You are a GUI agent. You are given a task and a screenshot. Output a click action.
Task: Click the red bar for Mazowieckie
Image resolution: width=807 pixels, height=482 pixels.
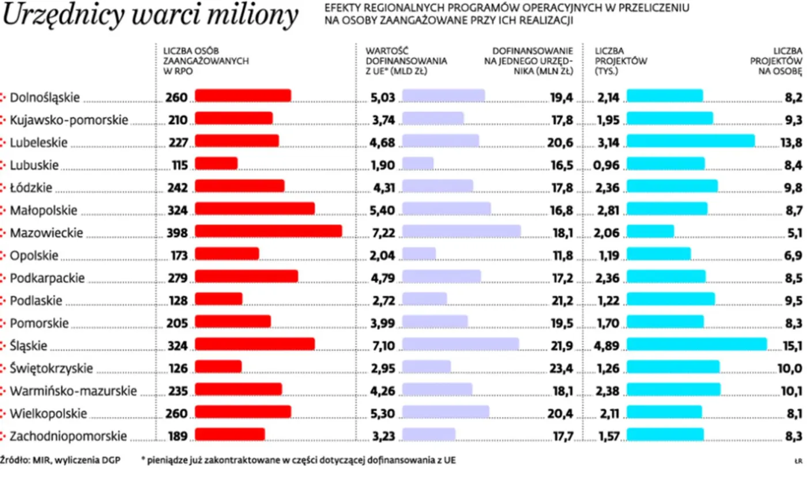click(268, 231)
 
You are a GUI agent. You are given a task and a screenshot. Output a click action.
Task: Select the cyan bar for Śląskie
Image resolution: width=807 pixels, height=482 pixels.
click(696, 344)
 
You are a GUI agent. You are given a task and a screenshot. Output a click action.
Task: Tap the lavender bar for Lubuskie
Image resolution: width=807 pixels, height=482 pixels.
click(418, 164)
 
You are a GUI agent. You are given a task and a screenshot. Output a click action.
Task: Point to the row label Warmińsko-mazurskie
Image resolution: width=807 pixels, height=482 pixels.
click(73, 391)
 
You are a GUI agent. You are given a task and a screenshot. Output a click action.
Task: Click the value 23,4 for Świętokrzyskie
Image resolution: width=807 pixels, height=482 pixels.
click(561, 368)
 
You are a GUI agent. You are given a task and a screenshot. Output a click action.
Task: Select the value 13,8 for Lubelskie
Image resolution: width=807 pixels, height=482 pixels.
click(790, 142)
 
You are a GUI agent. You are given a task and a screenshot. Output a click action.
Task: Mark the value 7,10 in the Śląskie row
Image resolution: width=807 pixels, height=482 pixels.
click(382, 345)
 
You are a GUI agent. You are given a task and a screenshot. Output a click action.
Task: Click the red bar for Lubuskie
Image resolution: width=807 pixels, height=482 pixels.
click(216, 164)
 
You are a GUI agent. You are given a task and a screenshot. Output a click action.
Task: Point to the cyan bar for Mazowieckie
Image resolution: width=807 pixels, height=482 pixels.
click(650, 231)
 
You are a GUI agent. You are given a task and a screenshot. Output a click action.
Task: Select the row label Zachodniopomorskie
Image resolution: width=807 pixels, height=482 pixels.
click(68, 436)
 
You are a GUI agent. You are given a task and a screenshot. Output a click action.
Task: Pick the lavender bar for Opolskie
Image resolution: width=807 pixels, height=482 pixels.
click(419, 254)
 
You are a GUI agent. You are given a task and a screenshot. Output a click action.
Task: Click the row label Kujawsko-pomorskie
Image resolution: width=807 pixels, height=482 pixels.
click(69, 120)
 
